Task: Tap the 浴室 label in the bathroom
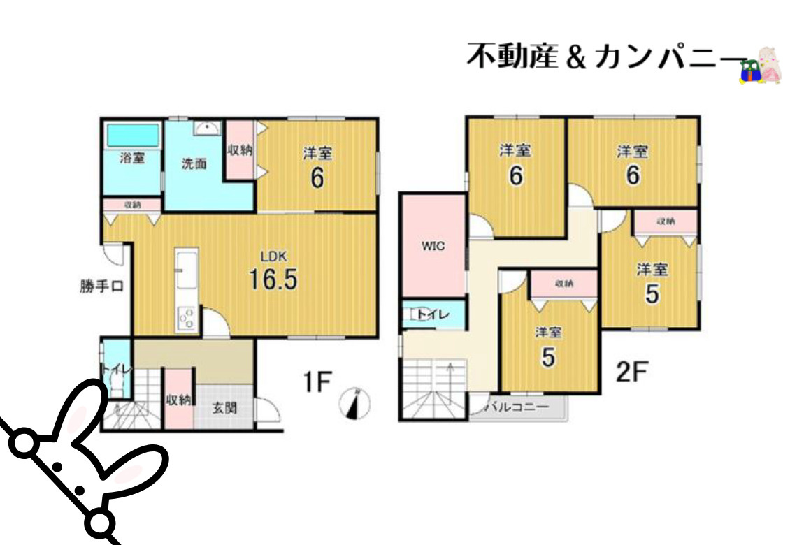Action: tap(133, 158)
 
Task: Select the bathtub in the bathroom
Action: tap(133, 134)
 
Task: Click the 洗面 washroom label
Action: tap(194, 165)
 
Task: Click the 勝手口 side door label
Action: tap(102, 286)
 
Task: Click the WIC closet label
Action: tap(433, 246)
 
